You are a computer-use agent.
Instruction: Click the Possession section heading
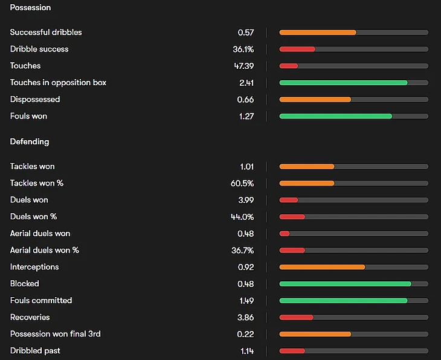30,8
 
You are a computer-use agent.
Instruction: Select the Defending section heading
30,141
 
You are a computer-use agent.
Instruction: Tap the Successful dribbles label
46,32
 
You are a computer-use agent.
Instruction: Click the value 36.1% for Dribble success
243,49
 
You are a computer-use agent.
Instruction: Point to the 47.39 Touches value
244,65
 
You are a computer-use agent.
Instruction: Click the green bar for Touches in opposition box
343,82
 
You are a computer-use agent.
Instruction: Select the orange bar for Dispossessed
315,99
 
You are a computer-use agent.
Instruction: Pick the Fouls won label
28,116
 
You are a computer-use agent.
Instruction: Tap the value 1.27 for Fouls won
246,116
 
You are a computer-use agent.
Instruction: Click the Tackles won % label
37,183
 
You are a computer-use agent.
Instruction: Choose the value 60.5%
243,183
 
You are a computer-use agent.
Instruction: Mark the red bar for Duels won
288,200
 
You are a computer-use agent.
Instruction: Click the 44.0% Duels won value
243,217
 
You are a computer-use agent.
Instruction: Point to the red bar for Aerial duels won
285,233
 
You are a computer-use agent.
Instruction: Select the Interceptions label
34,266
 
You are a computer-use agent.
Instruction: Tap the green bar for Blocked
345,283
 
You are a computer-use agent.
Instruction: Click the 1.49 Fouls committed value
246,300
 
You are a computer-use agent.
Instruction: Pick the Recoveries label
30,317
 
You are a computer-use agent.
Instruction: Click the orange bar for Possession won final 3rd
315,333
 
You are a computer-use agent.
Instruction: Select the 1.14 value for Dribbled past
246,350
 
